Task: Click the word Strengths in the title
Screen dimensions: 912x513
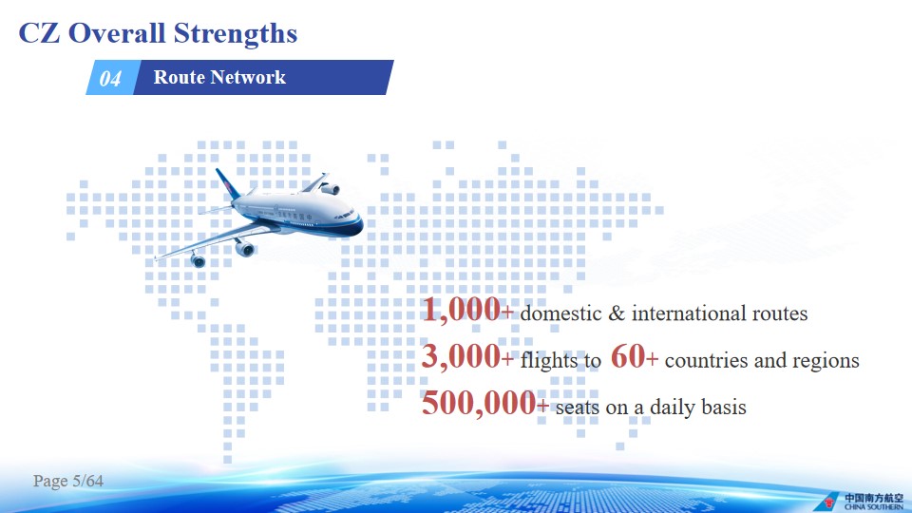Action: coord(236,34)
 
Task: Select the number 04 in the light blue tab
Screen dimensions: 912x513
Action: coord(110,78)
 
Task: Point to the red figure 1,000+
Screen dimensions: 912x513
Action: coord(467,310)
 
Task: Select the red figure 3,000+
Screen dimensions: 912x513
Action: coord(467,356)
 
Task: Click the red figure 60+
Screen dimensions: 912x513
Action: coord(635,356)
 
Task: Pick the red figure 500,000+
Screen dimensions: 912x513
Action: coord(485,403)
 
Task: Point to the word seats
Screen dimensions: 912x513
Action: coord(577,408)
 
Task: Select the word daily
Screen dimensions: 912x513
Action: coord(673,408)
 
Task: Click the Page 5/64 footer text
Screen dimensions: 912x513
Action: coord(68,481)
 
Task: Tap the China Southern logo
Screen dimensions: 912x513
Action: coord(859,501)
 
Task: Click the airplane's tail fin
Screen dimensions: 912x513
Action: coord(226,183)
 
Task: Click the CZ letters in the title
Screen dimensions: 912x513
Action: coord(40,33)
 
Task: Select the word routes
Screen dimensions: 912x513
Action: coord(780,314)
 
